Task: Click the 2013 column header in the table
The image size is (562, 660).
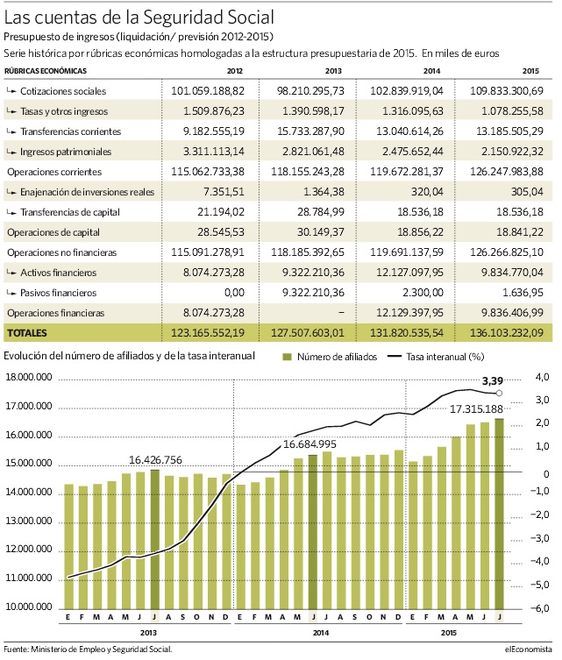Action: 333,71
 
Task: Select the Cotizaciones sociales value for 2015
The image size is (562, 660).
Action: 507,91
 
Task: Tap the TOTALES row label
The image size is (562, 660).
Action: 27,333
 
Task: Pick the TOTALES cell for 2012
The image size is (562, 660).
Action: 208,333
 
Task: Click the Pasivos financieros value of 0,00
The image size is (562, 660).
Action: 234,293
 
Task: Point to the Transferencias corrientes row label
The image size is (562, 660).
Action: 70,131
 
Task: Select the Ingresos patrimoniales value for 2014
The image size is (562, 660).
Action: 413,152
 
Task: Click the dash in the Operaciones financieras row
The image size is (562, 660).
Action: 341,313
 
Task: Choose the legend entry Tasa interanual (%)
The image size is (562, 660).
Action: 436,357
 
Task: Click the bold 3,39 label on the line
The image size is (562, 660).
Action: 493,381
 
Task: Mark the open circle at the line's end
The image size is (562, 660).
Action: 499,394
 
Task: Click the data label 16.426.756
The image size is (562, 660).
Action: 155,460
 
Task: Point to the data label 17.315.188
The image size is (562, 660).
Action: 477,408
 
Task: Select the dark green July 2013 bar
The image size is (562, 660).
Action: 155,539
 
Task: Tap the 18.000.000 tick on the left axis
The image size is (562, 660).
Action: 29,378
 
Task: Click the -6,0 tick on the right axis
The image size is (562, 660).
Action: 540,607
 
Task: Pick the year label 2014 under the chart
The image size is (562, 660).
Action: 320,633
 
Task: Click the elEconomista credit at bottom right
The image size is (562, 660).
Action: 529,649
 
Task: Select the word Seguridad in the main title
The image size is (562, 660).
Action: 183,18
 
